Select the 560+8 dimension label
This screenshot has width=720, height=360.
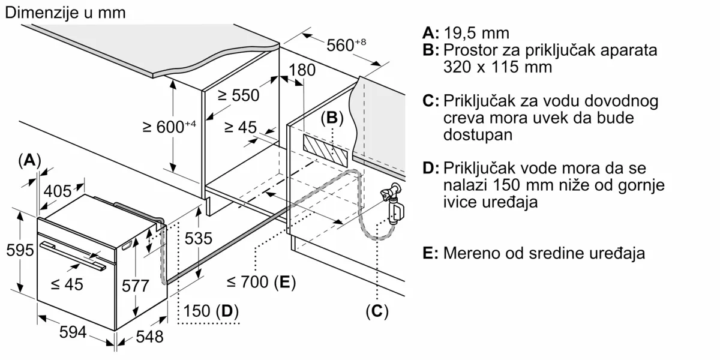pos(346,45)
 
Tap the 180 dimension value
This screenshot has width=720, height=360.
pos(302,70)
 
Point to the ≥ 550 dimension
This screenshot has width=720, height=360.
pos(238,95)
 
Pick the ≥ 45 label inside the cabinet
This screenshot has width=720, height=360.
pos(240,128)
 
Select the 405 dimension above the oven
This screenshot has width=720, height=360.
pos(58,191)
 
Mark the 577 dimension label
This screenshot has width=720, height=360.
pos(135,286)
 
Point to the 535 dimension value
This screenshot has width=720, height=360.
pos(198,238)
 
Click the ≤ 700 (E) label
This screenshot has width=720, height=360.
pos(262,282)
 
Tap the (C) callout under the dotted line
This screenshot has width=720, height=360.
pos(377,311)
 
